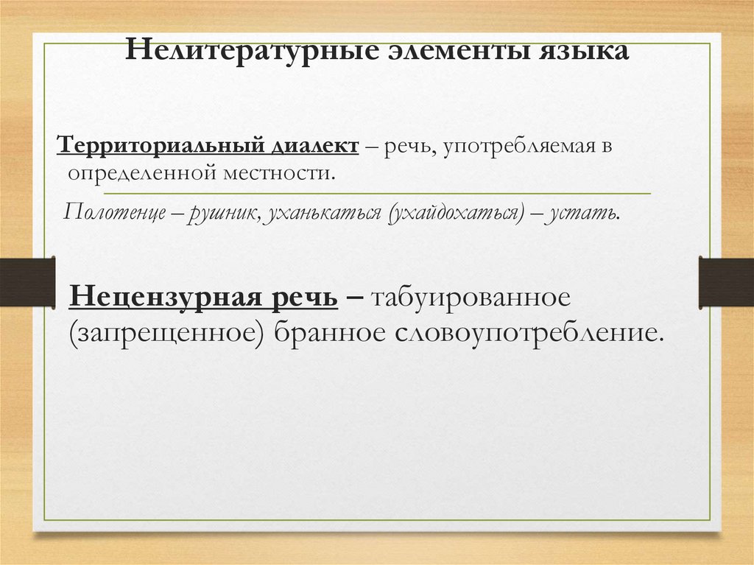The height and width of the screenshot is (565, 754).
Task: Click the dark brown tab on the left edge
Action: coord(27,281)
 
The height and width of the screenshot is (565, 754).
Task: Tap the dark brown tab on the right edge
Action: coord(726,281)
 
